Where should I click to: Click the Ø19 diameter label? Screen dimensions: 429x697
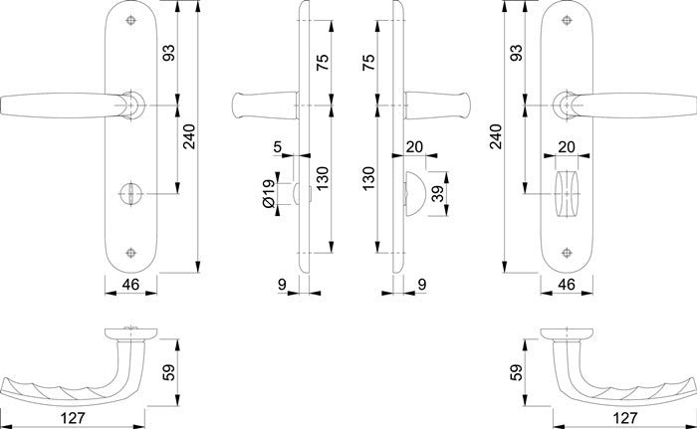coord(269,192)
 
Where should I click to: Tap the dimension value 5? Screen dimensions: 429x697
coord(277,150)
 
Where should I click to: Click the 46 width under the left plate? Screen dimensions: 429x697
coord(126,285)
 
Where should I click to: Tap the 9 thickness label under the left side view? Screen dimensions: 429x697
coord(284,285)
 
